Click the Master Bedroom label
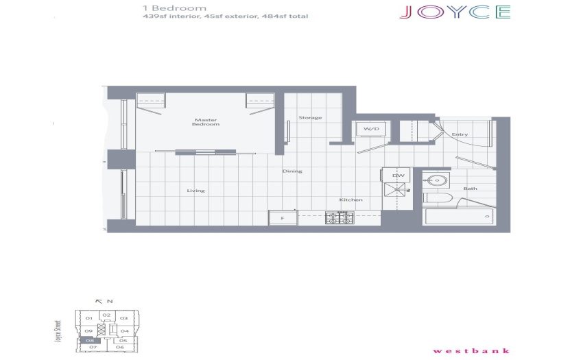pyautogui.click(x=206, y=122)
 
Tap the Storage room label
pyautogui.click(x=310, y=117)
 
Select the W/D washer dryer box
pyautogui.click(x=371, y=129)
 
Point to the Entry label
pyautogui.click(x=460, y=134)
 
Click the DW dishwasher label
pyautogui.click(x=398, y=176)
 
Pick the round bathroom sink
pyautogui.click(x=436, y=180)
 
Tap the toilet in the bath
pyautogui.click(x=438, y=197)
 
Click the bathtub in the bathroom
pyautogui.click(x=460, y=217)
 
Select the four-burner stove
pyautogui.click(x=340, y=217)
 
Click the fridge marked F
pyautogui.click(x=283, y=218)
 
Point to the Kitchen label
pyautogui.click(x=350, y=200)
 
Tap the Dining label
pyautogui.click(x=292, y=171)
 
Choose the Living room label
pyautogui.click(x=195, y=191)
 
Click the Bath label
pyautogui.click(x=470, y=189)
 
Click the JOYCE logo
pyautogui.click(x=455, y=12)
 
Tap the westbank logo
pyautogui.click(x=471, y=350)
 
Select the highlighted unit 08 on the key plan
pyautogui.click(x=90, y=340)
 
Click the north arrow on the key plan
pyautogui.click(x=99, y=301)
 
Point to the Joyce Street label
pyautogui.click(x=58, y=331)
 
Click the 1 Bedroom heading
pyautogui.click(x=174, y=8)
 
